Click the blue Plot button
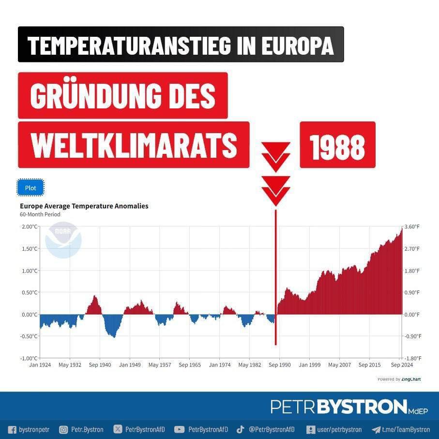pyautogui.click(x=30, y=187)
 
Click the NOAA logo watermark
pyautogui.click(x=63, y=240)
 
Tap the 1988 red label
pyautogui.click(x=337, y=145)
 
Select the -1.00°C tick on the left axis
pyautogui.click(x=29, y=358)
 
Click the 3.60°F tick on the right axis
pyautogui.click(x=412, y=227)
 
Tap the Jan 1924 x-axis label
pyautogui.click(x=40, y=365)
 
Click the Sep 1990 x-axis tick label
pyautogui.click(x=279, y=365)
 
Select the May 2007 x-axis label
pyautogui.click(x=339, y=365)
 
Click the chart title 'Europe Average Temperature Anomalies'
pyautogui.click(x=84, y=206)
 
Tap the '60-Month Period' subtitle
pyautogui.click(x=40, y=214)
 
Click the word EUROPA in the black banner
pyautogui.click(x=298, y=45)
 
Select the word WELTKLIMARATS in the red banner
pyautogui.click(x=134, y=145)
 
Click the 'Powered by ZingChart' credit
pyautogui.click(x=399, y=379)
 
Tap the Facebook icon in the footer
pyautogui.click(x=13, y=429)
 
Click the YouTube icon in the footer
pyautogui.click(x=179, y=429)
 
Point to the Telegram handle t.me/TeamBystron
pyautogui.click(x=406, y=429)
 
